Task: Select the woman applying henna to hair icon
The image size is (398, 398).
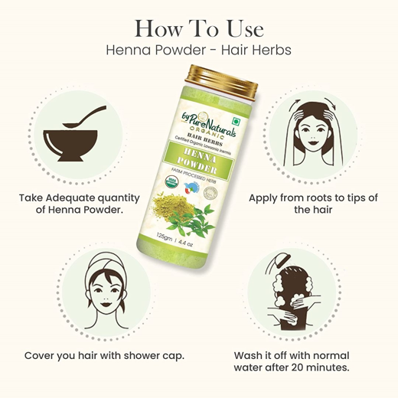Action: coord(315,133)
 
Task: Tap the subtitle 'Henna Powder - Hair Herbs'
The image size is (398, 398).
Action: coord(198,49)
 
